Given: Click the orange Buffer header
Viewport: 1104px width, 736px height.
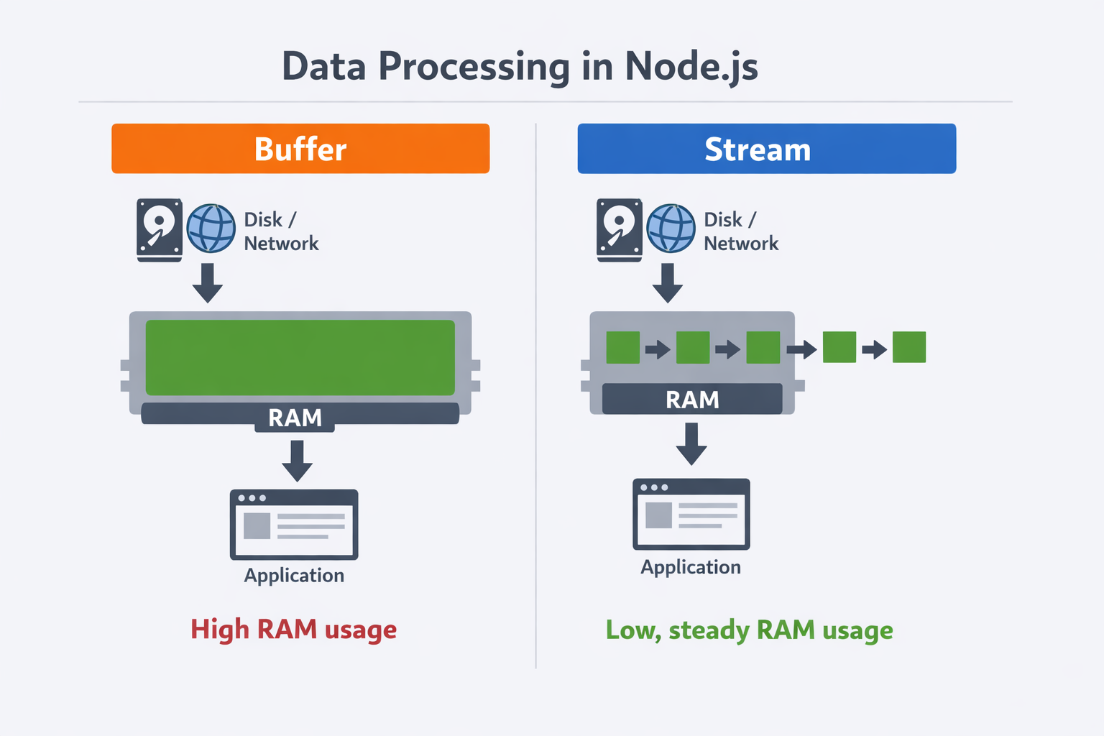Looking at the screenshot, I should (x=300, y=149).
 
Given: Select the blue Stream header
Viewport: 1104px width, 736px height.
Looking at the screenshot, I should (x=766, y=149).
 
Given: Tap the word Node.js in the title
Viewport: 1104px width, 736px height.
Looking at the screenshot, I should (x=691, y=67).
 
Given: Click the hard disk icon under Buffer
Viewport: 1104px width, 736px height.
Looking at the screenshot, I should (x=160, y=229).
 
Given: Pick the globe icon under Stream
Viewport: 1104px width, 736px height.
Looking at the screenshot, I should (x=671, y=229).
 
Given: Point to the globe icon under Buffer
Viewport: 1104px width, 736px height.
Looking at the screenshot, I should (x=211, y=229).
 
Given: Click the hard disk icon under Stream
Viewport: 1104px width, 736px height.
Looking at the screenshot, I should (x=619, y=229).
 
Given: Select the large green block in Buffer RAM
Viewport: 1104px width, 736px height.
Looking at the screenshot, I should (x=300, y=357).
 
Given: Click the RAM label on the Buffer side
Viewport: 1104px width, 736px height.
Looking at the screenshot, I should (x=295, y=418).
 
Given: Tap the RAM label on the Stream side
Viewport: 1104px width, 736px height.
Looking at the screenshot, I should (x=691, y=400).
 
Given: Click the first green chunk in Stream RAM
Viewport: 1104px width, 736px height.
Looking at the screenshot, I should (x=622, y=347).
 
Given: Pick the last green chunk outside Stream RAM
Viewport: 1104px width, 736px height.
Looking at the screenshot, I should (x=908, y=347).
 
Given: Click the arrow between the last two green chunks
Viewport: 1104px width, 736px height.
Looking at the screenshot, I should (x=874, y=350).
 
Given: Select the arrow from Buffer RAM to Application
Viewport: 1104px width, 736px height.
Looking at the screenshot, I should (x=297, y=460).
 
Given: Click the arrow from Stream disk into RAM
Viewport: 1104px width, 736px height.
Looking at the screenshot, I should (x=667, y=282).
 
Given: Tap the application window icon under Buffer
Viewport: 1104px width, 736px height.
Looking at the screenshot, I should (x=294, y=524).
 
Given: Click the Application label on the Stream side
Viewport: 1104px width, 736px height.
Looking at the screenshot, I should (x=690, y=567).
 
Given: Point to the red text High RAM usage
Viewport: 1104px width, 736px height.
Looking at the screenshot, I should (x=293, y=630).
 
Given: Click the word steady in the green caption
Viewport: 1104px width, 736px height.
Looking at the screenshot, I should (x=709, y=630).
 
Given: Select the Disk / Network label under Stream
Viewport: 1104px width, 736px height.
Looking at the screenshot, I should (x=740, y=231).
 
